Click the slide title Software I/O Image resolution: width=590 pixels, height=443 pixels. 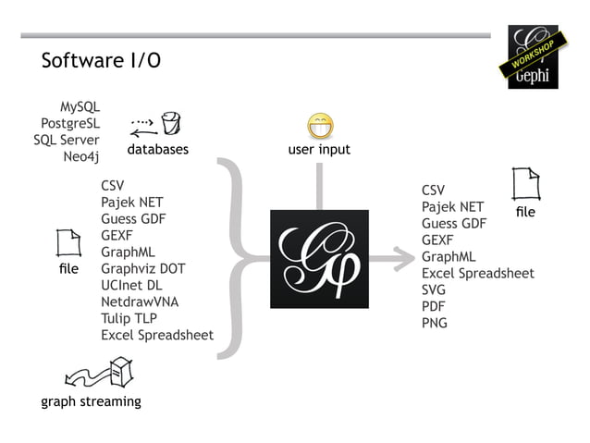pos(101,61)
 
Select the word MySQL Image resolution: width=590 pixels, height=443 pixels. pos(80,107)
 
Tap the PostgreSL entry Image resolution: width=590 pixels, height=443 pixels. pos(70,124)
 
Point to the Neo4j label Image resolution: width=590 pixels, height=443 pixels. pos(81,156)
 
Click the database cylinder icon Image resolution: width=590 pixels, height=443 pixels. pos(170,123)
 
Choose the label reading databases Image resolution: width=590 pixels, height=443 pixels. pos(157,149)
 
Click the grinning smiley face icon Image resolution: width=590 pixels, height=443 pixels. pos(320,127)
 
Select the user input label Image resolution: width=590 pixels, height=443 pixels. pos(319,149)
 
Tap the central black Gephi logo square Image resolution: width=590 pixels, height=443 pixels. pos(319,259)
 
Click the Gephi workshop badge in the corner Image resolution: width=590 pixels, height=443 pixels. pos(533,57)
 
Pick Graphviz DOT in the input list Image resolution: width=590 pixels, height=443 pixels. pos(143,268)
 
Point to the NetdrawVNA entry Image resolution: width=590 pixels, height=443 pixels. pos(141,301)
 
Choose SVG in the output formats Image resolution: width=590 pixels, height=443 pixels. pos(434,289)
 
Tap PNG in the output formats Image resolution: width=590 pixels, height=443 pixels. pos(435,323)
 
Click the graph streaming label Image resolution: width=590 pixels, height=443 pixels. pos(91,401)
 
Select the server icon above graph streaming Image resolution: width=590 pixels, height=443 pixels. pos(121,373)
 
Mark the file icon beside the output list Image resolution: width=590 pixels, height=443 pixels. pos(525,185)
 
